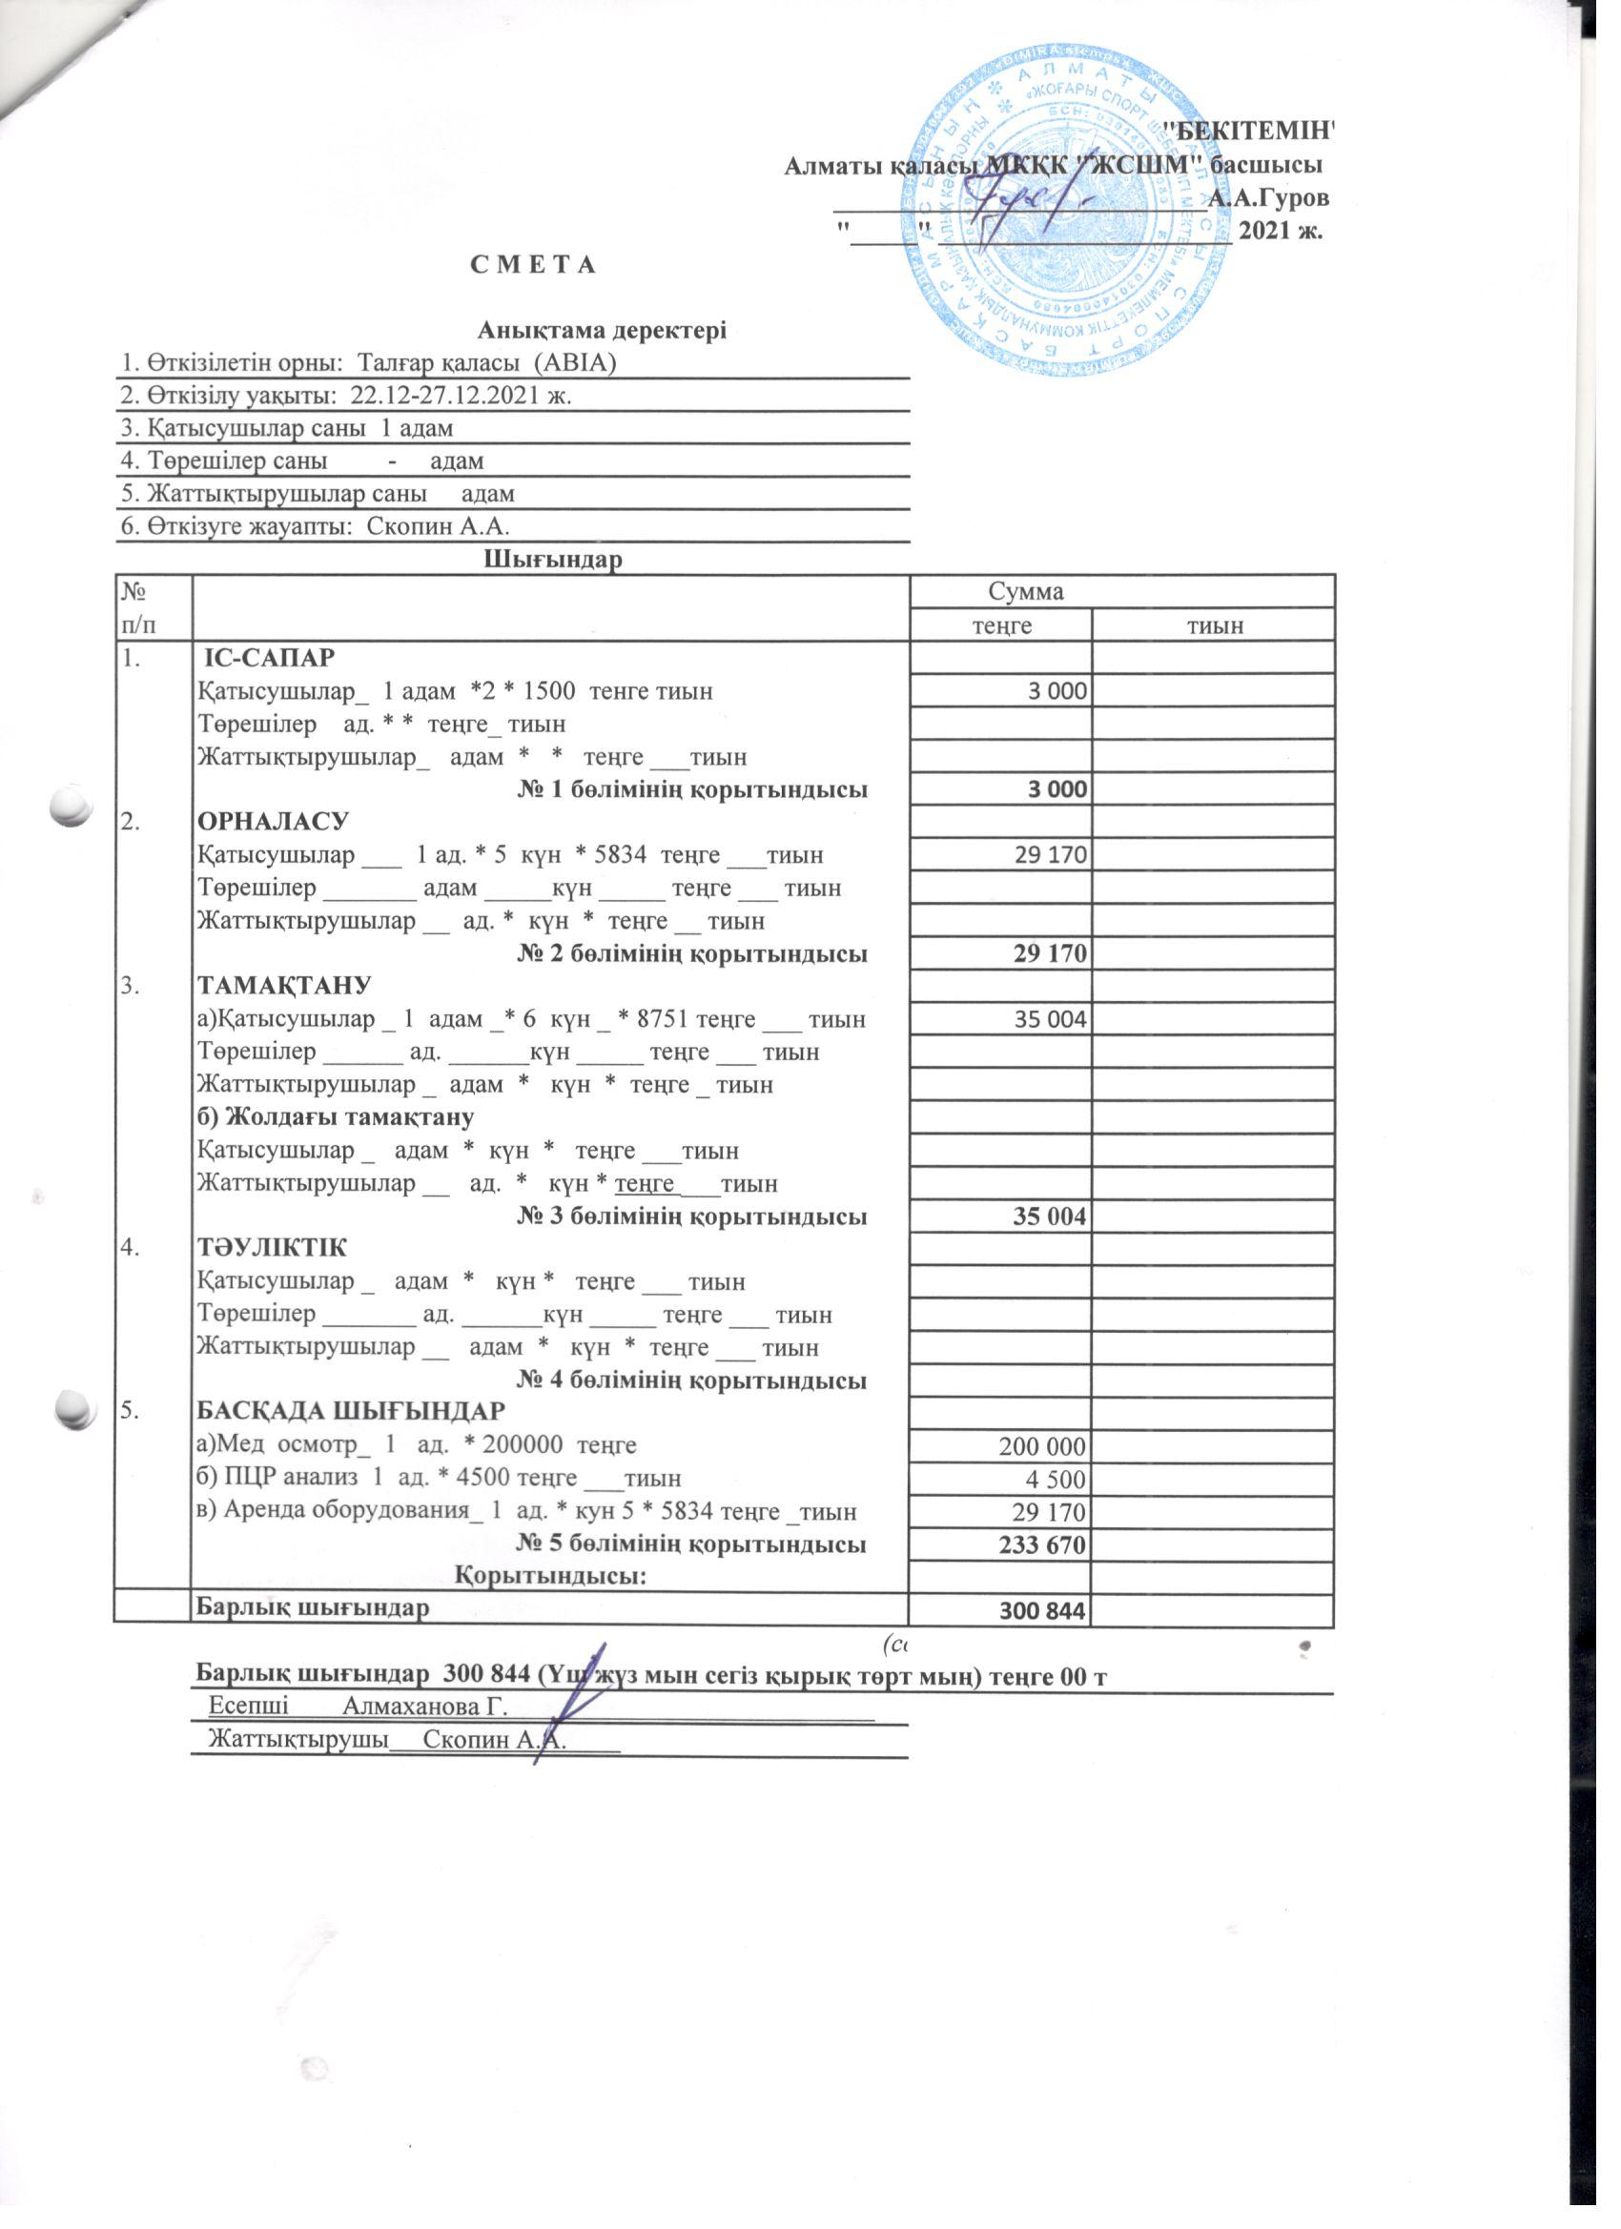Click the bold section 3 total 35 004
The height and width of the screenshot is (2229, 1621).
pyautogui.click(x=1049, y=1217)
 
